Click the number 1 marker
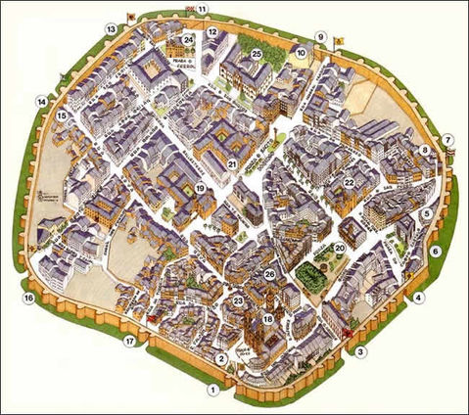click(211, 389)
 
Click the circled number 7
click(448, 140)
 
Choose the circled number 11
click(203, 10)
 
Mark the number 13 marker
click(112, 30)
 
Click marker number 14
click(41, 101)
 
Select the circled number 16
click(28, 298)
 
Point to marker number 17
click(128, 341)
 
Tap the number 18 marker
click(268, 320)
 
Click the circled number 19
click(200, 188)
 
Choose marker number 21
click(233, 164)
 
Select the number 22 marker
click(349, 183)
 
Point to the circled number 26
click(270, 276)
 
